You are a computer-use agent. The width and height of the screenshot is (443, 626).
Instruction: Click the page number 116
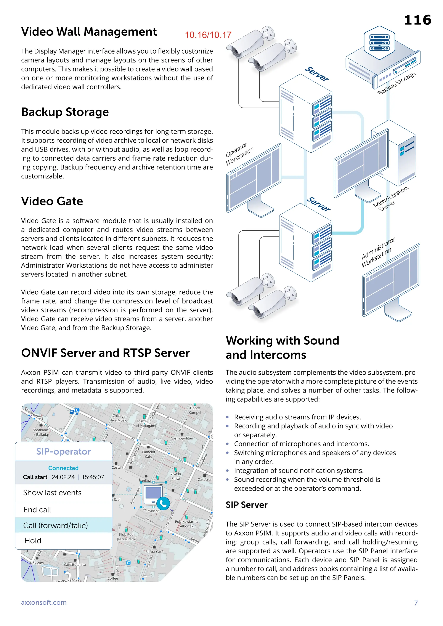point(417,20)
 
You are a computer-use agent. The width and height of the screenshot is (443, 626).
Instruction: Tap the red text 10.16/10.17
point(208,35)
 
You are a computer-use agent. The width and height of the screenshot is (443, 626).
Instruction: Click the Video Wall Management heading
point(89,32)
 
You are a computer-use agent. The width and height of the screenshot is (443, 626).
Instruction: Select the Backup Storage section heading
point(65,112)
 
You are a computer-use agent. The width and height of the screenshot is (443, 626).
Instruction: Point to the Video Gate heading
point(52,201)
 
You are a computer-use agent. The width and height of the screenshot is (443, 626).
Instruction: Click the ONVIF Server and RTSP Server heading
point(105,353)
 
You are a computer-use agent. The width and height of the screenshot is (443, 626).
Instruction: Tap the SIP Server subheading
point(247,505)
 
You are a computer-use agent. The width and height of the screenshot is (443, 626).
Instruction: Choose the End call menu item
point(37,509)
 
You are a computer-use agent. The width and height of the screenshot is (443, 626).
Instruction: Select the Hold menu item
point(33,540)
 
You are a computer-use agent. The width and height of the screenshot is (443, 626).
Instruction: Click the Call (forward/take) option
point(56,525)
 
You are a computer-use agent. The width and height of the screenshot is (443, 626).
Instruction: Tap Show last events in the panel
point(52,493)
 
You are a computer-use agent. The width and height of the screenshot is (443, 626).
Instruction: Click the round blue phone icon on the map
point(163,504)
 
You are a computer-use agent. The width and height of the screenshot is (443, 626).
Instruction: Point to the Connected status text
point(63,468)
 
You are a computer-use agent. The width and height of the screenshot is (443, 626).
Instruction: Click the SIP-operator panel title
point(63,452)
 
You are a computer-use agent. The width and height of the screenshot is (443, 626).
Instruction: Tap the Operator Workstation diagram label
point(239,154)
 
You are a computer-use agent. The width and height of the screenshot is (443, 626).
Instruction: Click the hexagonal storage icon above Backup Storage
point(379,43)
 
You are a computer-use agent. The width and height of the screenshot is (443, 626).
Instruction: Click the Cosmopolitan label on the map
point(182,438)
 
